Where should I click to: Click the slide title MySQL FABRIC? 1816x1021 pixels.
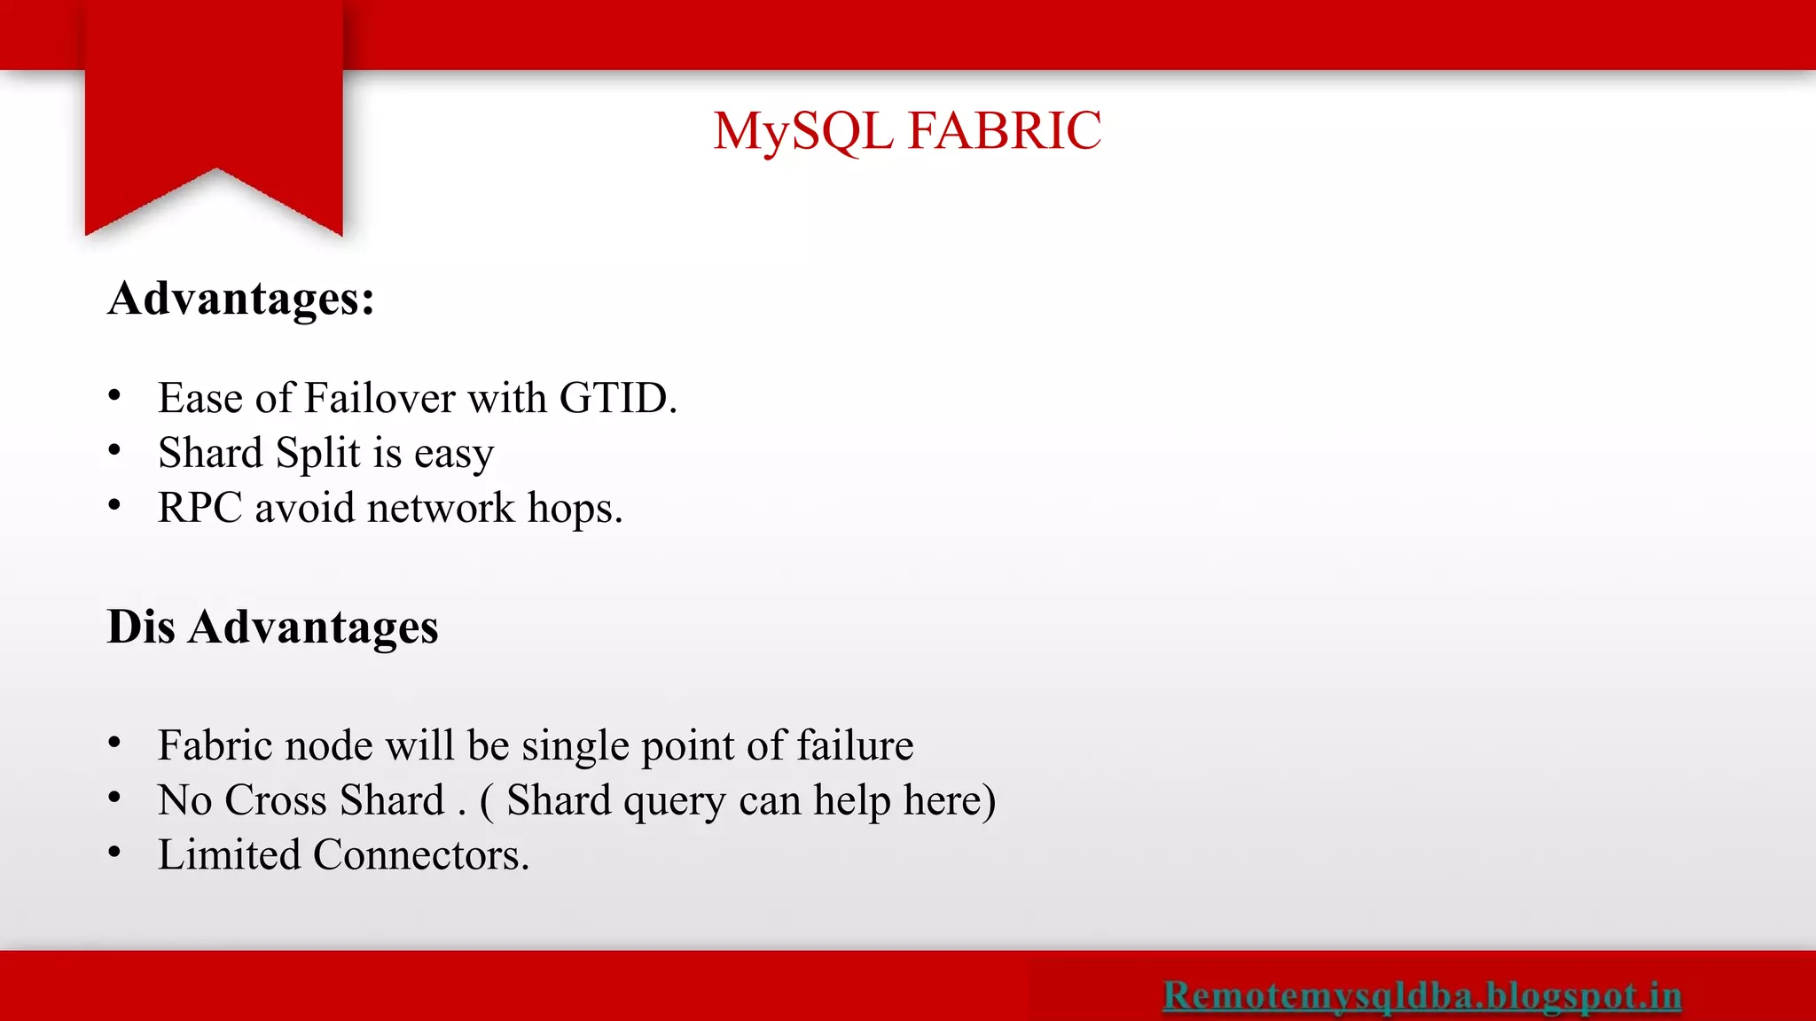pyautogui.click(x=906, y=131)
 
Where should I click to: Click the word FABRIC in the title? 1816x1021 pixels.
pyautogui.click(x=1004, y=131)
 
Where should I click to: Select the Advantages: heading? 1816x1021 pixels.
pyautogui.click(x=241, y=299)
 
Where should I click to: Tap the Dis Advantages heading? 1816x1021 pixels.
pyautogui.click(x=272, y=627)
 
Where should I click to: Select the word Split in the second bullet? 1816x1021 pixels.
pyautogui.click(x=317, y=453)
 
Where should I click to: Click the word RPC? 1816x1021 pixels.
pyautogui.click(x=200, y=509)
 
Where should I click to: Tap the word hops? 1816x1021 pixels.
pyautogui.click(x=575, y=509)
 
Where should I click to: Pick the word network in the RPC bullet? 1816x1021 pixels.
pyautogui.click(x=440, y=509)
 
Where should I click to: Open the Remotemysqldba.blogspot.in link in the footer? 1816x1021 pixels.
pyautogui.click(x=1422, y=994)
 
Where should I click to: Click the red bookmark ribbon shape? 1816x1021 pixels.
pyautogui.click(x=214, y=106)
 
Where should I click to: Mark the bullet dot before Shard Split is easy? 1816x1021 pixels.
pyautogui.click(x=114, y=451)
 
